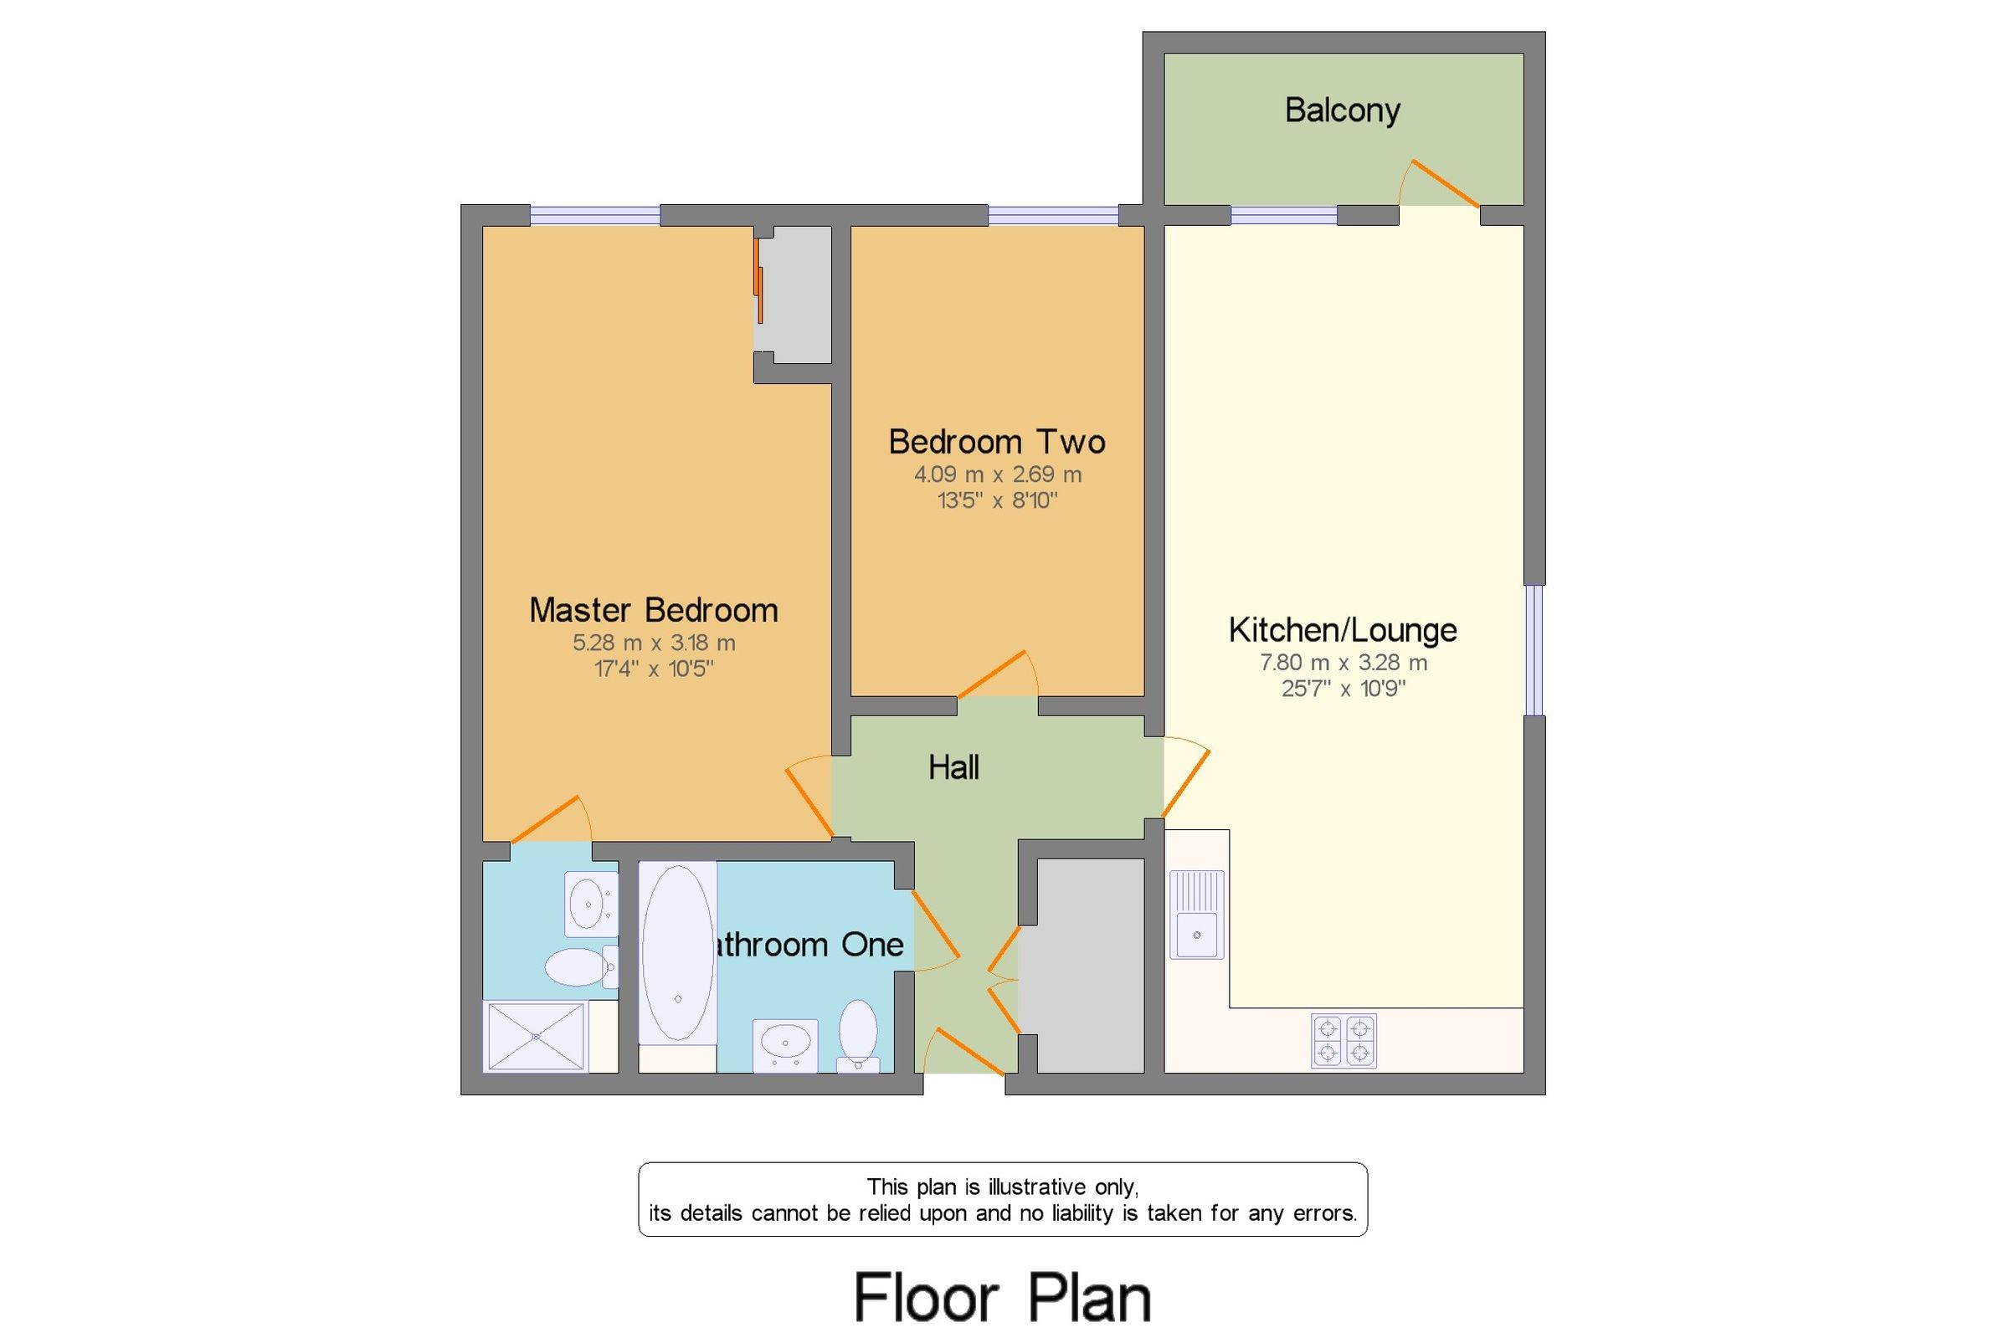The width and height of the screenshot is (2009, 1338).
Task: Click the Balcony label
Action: click(1342, 111)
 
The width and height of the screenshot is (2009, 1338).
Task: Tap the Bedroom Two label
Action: click(996, 442)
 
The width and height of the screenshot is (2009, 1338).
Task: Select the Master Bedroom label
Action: click(653, 611)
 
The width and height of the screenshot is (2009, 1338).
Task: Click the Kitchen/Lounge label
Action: click(1343, 631)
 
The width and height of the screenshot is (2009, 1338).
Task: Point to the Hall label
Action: click(953, 768)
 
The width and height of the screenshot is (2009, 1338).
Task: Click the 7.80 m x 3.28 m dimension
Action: click(1343, 663)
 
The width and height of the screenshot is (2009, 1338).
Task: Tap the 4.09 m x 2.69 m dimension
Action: click(997, 474)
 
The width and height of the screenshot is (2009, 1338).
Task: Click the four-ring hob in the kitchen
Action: click(1344, 1040)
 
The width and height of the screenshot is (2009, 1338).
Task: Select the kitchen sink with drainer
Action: click(1196, 914)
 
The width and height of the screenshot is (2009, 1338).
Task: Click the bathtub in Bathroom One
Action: click(678, 953)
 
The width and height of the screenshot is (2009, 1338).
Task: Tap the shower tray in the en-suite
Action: click(535, 1036)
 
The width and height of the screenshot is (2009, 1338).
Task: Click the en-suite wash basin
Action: click(588, 904)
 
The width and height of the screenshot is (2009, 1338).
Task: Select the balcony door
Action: click(1442, 183)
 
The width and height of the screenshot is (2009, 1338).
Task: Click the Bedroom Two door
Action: click(992, 674)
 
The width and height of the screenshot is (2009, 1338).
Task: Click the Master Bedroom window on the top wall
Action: click(594, 215)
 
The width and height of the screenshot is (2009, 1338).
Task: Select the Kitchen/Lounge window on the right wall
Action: click(1534, 649)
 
